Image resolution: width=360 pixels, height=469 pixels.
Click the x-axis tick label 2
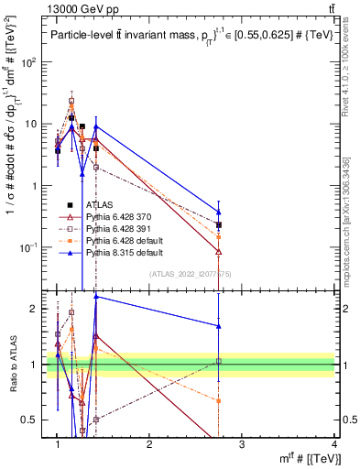pyautogui.click(x=150, y=444)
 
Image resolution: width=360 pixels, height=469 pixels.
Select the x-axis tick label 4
pyautogui.click(x=334, y=444)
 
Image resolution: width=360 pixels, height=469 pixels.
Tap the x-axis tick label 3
pyautogui.click(x=242, y=444)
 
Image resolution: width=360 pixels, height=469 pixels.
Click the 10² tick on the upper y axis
pyautogui.click(x=30, y=61)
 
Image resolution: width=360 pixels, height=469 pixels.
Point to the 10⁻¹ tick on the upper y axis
pyautogui.click(x=30, y=247)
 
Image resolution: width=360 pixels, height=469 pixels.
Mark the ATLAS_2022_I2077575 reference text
pyautogui.click(x=191, y=274)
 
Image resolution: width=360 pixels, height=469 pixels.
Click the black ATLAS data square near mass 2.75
pyautogui.click(x=218, y=224)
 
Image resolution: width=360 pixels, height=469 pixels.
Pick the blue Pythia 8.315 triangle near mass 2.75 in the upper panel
pyautogui.click(x=218, y=212)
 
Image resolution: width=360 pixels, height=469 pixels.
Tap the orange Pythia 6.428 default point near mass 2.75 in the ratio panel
pyautogui.click(x=218, y=400)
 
